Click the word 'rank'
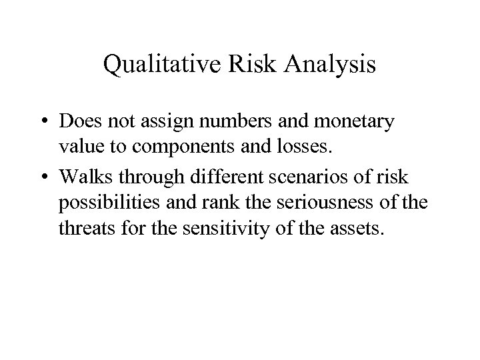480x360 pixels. point(225,202)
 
